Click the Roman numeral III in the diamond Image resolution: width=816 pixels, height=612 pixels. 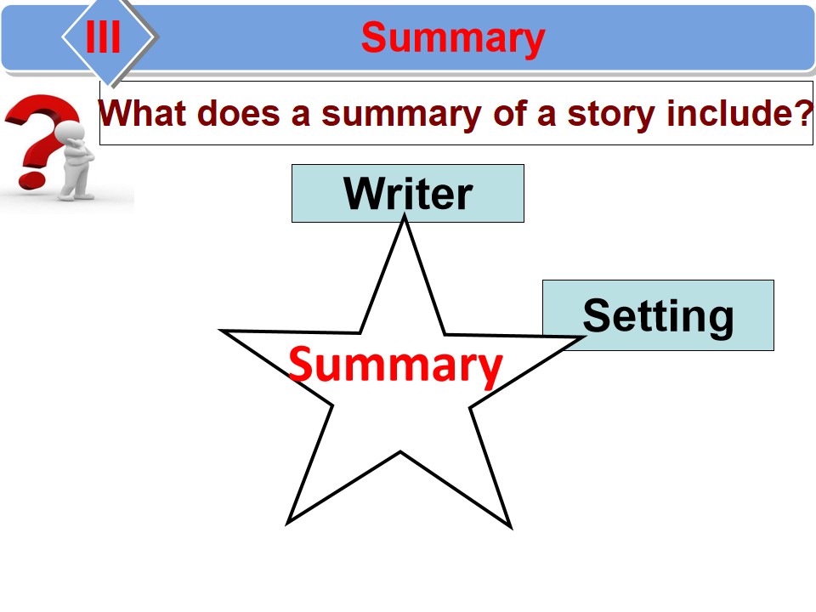coord(103,37)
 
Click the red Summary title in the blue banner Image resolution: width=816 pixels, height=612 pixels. coord(453,38)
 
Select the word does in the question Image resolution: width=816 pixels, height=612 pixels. coord(239,113)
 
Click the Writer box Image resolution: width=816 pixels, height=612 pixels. coord(407,194)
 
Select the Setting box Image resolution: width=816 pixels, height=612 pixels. coord(658,315)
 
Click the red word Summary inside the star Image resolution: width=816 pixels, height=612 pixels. coord(395,365)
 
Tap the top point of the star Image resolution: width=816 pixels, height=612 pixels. coord(404,218)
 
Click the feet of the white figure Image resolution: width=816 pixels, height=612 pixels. coord(76,195)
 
